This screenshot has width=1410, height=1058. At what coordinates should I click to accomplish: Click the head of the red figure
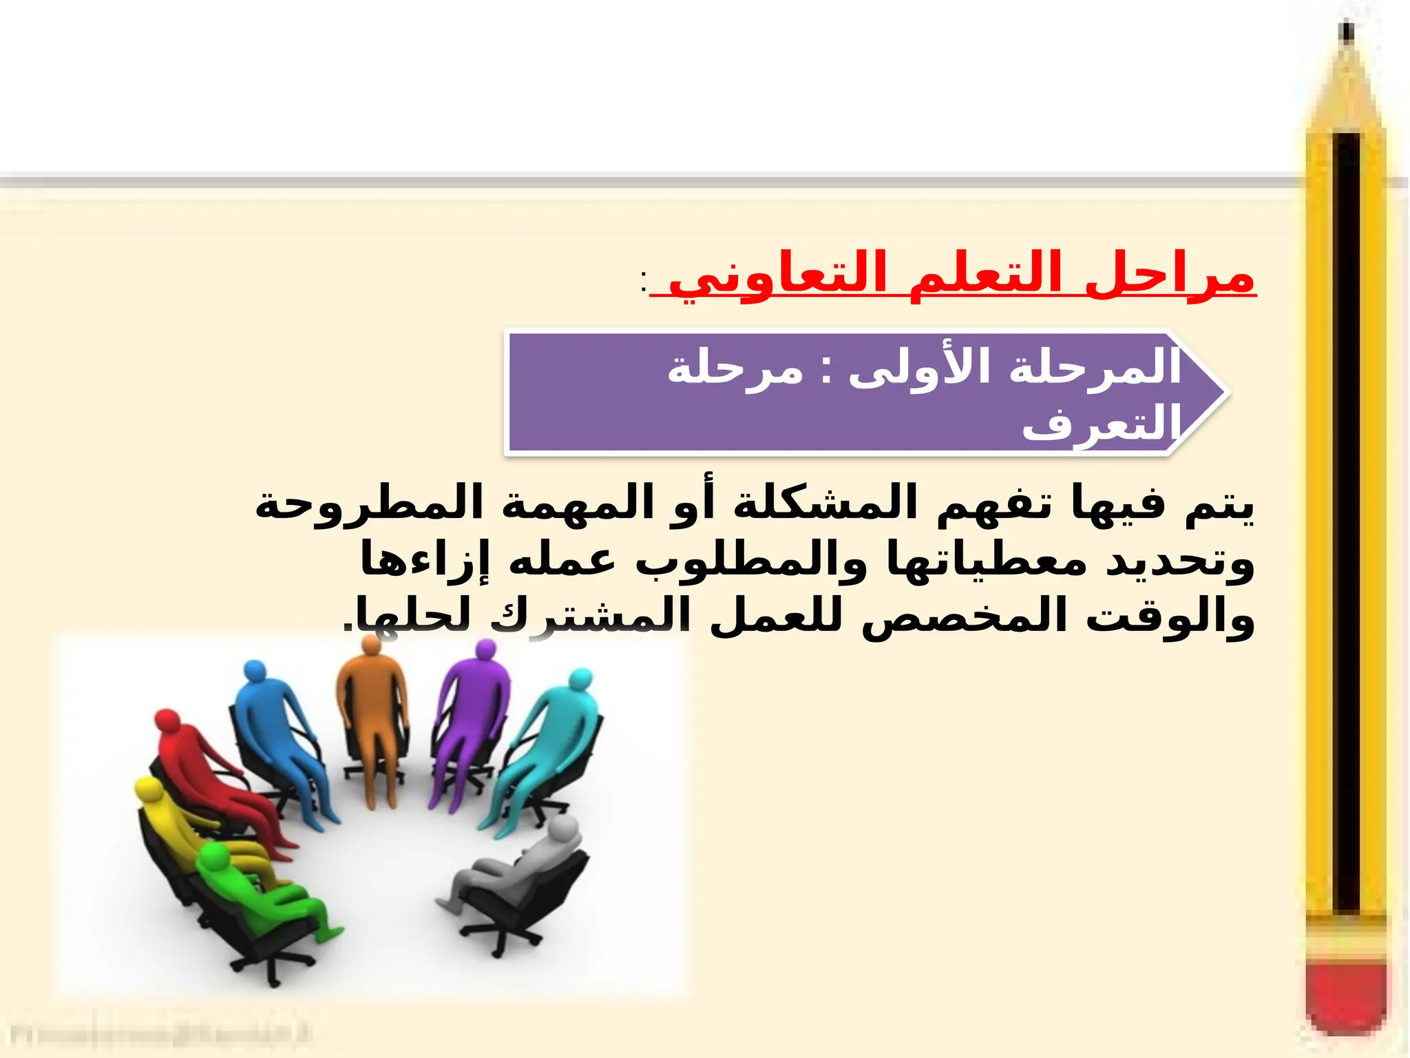167,724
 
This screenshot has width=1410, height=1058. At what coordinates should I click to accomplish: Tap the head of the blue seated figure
254,672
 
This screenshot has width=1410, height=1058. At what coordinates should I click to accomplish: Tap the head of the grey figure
562,827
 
